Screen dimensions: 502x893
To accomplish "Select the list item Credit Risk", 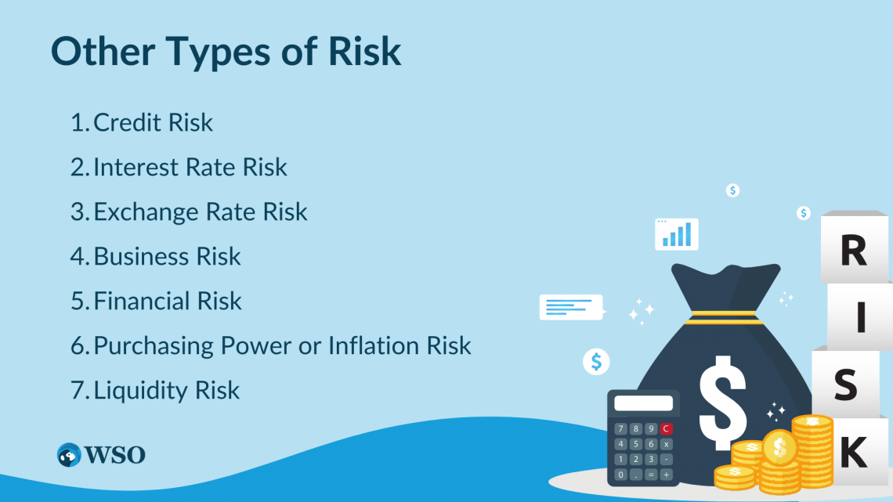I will point(153,123).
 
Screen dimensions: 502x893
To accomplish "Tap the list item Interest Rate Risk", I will point(190,168).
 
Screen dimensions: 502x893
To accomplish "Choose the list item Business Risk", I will point(167,257).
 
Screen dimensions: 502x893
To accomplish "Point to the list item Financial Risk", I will point(168,302).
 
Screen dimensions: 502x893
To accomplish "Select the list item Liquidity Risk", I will point(166,390).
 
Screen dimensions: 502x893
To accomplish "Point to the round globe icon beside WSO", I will point(69,455).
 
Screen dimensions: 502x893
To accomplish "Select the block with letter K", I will point(853,452).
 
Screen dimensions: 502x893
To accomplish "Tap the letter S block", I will point(845,385).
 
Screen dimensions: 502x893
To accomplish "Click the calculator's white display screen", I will point(643,403).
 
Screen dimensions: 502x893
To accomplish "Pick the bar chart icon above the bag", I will point(677,233).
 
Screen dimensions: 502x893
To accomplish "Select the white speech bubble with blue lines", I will point(571,307).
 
